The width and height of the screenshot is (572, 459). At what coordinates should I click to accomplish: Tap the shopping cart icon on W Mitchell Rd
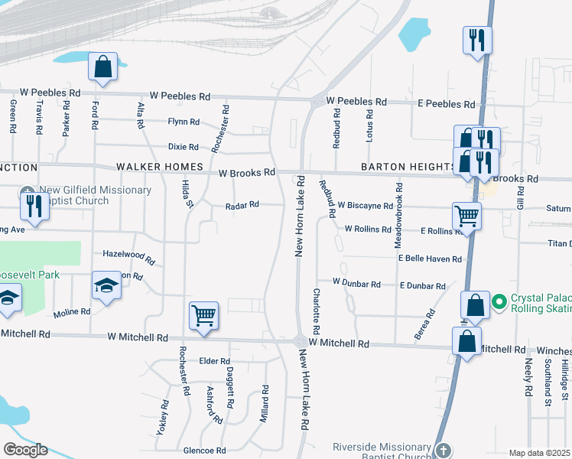[x=203, y=314]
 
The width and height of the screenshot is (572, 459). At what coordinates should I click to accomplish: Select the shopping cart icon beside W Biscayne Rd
[x=466, y=215]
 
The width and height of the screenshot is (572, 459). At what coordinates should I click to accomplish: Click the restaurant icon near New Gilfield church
[x=34, y=204]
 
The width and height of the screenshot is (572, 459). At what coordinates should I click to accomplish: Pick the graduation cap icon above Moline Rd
[x=106, y=286]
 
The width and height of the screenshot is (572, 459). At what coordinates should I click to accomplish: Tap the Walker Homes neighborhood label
[x=159, y=167]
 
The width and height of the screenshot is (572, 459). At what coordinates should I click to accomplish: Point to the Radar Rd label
[x=242, y=205]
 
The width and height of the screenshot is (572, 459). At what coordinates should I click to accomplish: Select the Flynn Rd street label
[x=184, y=122]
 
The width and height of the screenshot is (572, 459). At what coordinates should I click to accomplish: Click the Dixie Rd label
[x=184, y=147]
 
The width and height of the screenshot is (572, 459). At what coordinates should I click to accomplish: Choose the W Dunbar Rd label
[x=356, y=284]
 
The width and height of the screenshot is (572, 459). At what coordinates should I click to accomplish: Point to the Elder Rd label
[x=214, y=361]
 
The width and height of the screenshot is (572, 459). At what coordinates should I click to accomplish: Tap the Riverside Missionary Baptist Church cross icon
[x=444, y=451]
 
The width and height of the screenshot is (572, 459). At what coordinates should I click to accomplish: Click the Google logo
[x=25, y=450]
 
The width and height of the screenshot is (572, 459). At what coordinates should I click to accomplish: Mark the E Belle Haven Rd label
[x=430, y=259]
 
